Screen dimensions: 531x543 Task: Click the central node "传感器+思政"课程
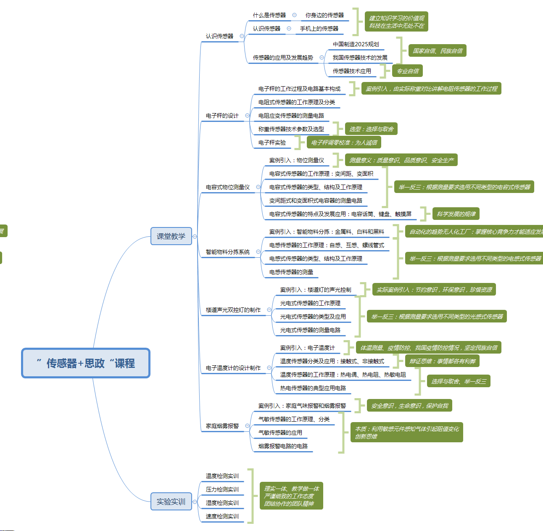point(86,363)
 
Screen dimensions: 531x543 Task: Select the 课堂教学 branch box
point(171,236)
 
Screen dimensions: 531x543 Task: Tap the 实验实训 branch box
point(171,502)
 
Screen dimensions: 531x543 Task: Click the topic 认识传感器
point(219,36)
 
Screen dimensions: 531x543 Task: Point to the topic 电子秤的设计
point(222,116)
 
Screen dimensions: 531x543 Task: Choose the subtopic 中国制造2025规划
point(356,44)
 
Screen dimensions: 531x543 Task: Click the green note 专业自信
point(408,71)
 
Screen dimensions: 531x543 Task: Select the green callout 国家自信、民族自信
point(438,51)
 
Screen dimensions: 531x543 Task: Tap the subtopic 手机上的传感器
point(319,29)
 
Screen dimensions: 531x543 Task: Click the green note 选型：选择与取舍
point(371,129)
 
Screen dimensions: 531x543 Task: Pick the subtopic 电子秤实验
point(272,143)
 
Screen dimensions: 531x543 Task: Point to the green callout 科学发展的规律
point(456,214)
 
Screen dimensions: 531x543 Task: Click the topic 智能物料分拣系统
point(227,252)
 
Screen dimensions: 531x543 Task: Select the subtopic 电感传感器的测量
point(291,272)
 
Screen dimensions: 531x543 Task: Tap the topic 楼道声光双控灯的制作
point(233,310)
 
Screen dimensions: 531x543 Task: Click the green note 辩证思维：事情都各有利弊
point(442,361)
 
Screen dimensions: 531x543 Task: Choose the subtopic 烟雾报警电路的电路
point(283,446)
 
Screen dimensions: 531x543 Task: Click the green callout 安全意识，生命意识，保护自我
point(409,406)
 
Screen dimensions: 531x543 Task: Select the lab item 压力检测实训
point(222,489)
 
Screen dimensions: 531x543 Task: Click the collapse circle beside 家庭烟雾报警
point(247,426)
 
